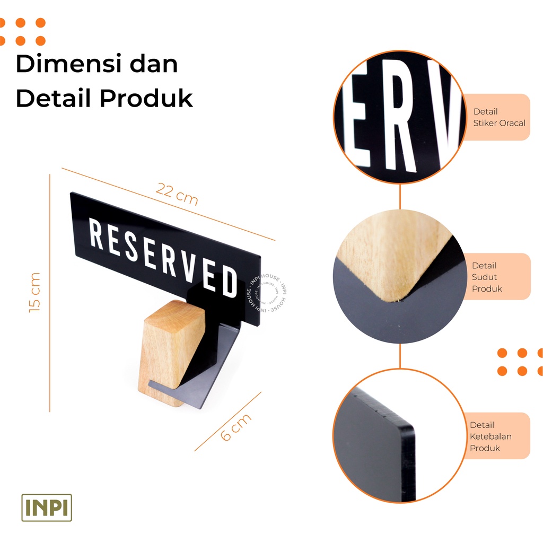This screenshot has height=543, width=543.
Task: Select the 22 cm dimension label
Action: (x=177, y=195)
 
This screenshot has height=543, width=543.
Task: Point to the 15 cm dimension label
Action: (x=34, y=292)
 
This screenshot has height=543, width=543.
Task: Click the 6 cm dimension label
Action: (x=235, y=427)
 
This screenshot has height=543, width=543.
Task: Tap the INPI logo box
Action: (x=47, y=507)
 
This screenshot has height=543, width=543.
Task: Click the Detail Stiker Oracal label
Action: (x=499, y=117)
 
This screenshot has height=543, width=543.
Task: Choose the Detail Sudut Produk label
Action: (x=487, y=277)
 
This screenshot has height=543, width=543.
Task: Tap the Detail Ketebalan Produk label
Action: (x=491, y=436)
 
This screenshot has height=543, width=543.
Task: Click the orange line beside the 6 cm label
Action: (x=228, y=421)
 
